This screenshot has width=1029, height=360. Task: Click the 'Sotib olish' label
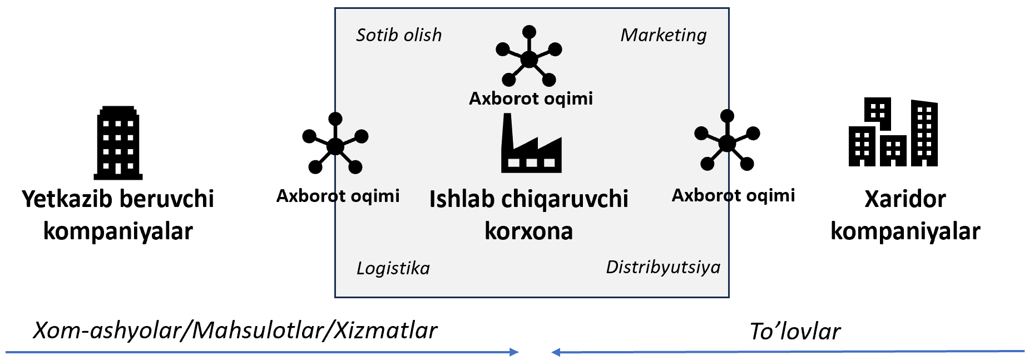(x=399, y=35)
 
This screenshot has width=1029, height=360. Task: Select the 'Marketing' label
(x=663, y=35)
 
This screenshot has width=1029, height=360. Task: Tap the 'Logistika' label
(x=393, y=268)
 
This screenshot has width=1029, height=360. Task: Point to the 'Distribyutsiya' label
(x=662, y=267)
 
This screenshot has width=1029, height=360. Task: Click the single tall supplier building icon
(x=118, y=143)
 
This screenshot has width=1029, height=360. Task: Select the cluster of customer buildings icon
(x=893, y=133)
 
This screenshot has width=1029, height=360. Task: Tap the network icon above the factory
(x=529, y=57)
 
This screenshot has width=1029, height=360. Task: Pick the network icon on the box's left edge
(x=335, y=144)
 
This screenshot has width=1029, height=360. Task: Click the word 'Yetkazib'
(x=66, y=199)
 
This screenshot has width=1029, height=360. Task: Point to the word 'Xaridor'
(x=905, y=199)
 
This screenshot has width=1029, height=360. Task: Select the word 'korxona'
(x=528, y=231)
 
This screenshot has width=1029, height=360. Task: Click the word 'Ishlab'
(x=462, y=199)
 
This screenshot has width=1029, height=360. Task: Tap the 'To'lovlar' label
(x=795, y=331)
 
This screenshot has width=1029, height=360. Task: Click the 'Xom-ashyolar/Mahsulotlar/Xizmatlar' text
(x=235, y=331)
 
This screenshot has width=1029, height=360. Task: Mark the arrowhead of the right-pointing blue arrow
(x=514, y=352)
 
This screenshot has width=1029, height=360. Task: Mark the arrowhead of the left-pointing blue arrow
(x=556, y=352)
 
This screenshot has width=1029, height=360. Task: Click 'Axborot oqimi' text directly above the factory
(x=531, y=98)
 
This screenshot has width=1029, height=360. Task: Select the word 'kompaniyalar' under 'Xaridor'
(x=905, y=231)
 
